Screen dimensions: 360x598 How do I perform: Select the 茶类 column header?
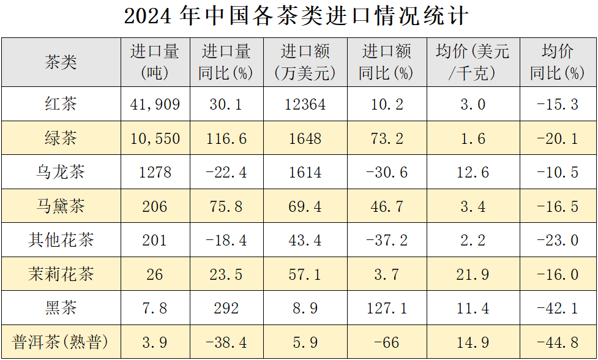point(61,62)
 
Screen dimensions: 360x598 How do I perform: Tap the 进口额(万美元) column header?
point(305,62)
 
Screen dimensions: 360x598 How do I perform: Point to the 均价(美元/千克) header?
point(473,62)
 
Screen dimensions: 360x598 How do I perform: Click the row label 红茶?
point(61,104)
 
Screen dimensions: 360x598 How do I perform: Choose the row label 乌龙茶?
point(61,172)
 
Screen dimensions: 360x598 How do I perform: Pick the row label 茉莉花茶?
point(61,274)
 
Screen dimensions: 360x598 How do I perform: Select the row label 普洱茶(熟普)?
point(61,342)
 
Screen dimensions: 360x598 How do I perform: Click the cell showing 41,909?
point(155,104)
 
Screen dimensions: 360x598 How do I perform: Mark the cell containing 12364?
point(305,104)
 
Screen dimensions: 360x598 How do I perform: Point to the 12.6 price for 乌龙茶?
point(473,172)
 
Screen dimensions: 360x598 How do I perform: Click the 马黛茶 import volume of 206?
point(155,206)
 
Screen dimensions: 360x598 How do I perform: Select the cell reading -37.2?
point(386,240)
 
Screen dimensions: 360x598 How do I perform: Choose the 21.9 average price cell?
point(473,274)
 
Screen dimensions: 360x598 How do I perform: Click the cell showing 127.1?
point(386,308)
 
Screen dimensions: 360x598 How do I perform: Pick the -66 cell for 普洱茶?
point(386,342)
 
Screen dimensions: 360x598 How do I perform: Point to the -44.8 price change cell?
point(557,342)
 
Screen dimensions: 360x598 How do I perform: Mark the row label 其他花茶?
point(61,240)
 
